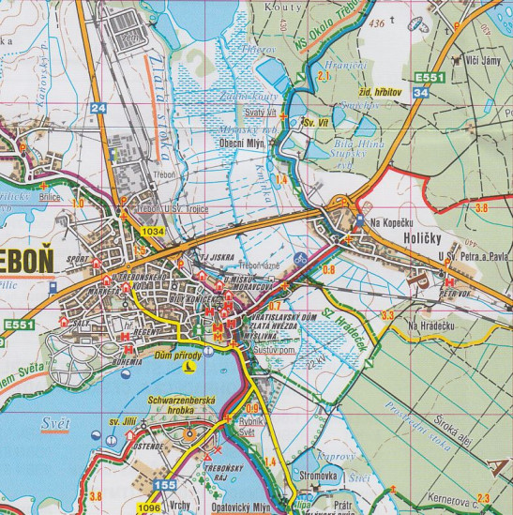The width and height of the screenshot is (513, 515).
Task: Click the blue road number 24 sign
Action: pos(99,109)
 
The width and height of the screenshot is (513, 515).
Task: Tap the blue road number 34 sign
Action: pos(421,94)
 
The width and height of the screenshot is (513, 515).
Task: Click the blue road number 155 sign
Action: pos(165,485)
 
